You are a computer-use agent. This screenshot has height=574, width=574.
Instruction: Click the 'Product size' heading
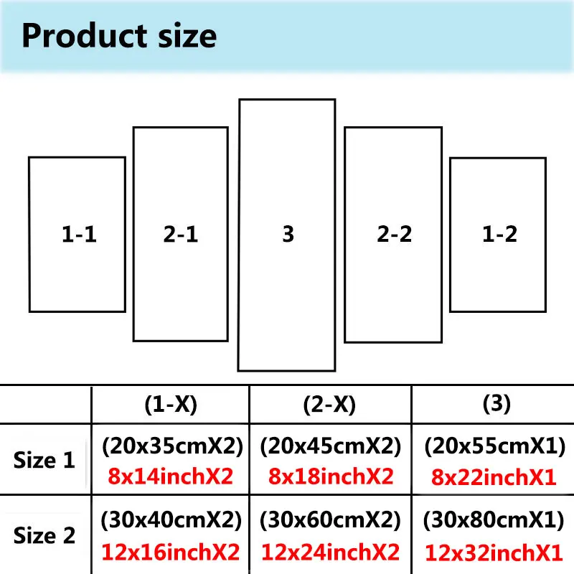pyautogui.click(x=118, y=35)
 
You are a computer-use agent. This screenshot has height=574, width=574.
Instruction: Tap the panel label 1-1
pyautogui.click(x=79, y=234)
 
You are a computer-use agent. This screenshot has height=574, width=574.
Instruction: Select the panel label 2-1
pyautogui.click(x=181, y=234)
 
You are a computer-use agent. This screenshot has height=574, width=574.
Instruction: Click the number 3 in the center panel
pyautogui.click(x=288, y=234)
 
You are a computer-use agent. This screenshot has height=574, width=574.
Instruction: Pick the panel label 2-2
pyautogui.click(x=394, y=234)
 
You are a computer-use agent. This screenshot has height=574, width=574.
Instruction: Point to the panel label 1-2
pyautogui.click(x=499, y=234)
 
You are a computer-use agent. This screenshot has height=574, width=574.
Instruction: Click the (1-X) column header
pyautogui.click(x=170, y=405)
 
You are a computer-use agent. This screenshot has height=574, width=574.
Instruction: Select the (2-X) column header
pyautogui.click(x=330, y=405)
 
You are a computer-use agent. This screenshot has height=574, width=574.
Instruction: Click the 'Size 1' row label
pyautogui.click(x=44, y=460)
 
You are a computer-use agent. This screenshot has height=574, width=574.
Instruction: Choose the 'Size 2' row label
pyautogui.click(x=44, y=535)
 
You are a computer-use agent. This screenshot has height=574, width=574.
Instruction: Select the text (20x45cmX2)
pyautogui.click(x=330, y=447)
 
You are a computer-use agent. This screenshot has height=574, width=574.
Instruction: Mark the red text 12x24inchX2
pyautogui.click(x=330, y=552)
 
